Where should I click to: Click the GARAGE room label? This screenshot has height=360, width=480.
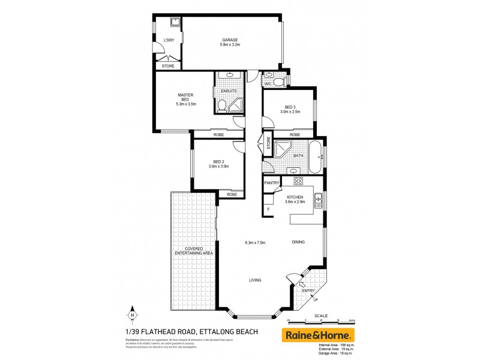pos(231,40)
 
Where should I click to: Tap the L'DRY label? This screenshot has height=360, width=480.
pos(169,40)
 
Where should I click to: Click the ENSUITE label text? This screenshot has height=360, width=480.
pos(229,91)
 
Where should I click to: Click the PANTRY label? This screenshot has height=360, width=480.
pos(272,182)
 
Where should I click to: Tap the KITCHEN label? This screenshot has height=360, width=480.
pos(296,198)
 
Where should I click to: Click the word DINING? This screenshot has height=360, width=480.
pos(298,242)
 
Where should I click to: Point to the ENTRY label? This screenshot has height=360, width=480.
pos(308,291)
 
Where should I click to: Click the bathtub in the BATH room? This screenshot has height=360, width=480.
pos(315,150)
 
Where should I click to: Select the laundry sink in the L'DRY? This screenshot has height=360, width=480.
pos(175,23)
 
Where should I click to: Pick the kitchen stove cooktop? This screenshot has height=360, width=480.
pos(297,181)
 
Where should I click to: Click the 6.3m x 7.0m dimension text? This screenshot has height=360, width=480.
pos(255,242)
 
